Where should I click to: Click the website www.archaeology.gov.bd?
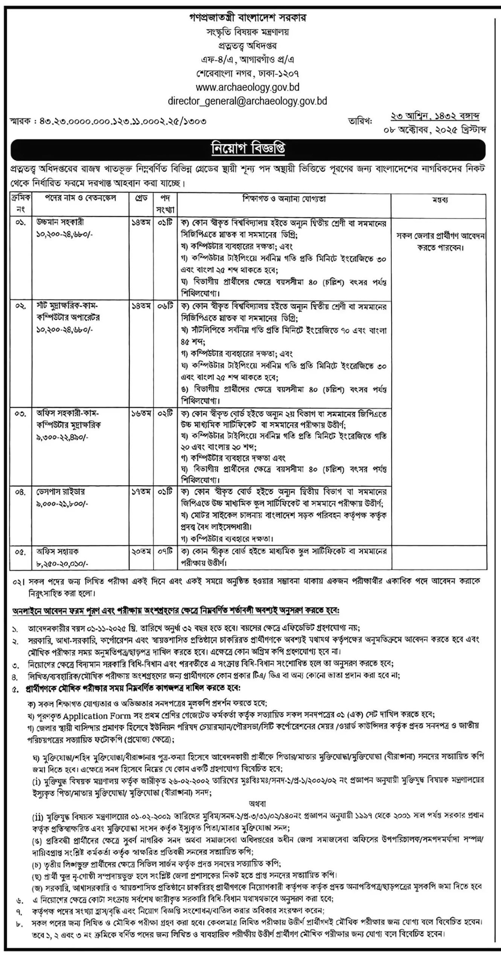click(x=247, y=87)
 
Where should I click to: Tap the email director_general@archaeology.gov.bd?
click(x=247, y=101)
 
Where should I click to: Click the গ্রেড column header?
click(x=141, y=198)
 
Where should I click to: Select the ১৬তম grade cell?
click(x=141, y=413)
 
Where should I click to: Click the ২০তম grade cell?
click(x=141, y=551)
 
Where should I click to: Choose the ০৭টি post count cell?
click(x=165, y=551)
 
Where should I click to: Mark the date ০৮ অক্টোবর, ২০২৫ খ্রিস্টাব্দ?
click(x=435, y=130)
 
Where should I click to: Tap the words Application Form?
click(x=97, y=715)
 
